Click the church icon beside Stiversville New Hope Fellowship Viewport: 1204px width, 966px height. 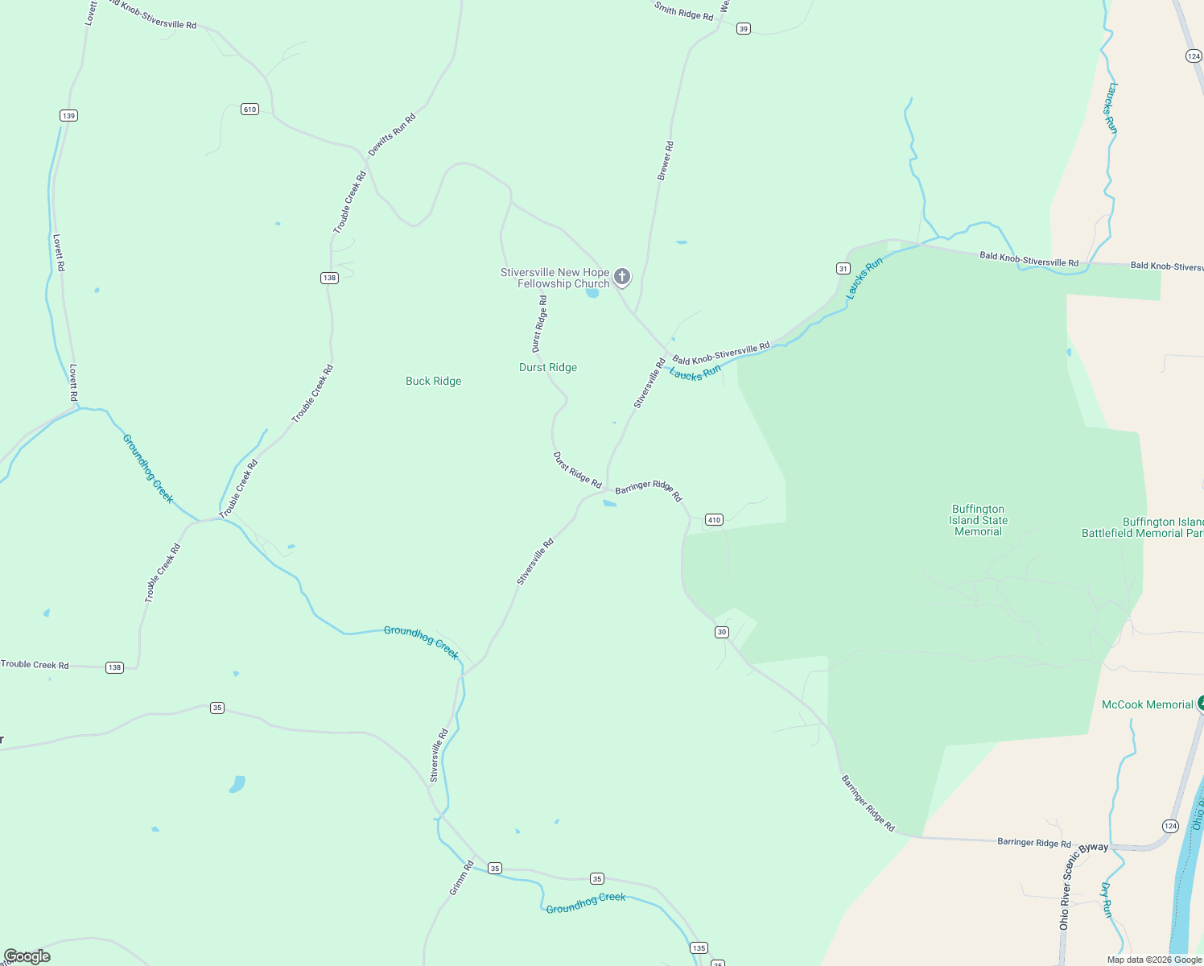pyautogui.click(x=621, y=277)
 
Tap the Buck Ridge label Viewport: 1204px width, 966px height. pyautogui.click(x=433, y=381)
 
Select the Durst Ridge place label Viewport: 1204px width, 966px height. pyautogui.click(x=548, y=367)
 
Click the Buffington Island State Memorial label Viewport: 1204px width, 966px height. pyautogui.click(x=978, y=520)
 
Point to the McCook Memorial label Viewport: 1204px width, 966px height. pyautogui.click(x=1147, y=704)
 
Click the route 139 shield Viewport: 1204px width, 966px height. pyautogui.click(x=68, y=116)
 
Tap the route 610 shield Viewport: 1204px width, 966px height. pyautogui.click(x=249, y=109)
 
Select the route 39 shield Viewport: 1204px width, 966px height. pyautogui.click(x=743, y=29)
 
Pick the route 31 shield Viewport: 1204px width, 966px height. pyautogui.click(x=843, y=268)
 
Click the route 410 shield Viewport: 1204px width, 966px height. pyautogui.click(x=714, y=520)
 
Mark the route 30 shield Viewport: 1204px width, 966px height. pyautogui.click(x=722, y=632)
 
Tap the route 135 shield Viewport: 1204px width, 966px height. pyautogui.click(x=699, y=947)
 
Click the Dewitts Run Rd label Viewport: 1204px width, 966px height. pyautogui.click(x=392, y=134)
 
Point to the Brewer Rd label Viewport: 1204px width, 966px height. pyautogui.click(x=665, y=161)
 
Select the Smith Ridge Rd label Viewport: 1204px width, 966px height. pyautogui.click(x=683, y=11)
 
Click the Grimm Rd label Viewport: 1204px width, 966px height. pyautogui.click(x=462, y=878)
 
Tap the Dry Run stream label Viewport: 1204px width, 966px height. pyautogui.click(x=1107, y=900)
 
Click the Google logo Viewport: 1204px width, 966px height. pyautogui.click(x=27, y=956)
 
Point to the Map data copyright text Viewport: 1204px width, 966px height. pyautogui.click(x=1154, y=960)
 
